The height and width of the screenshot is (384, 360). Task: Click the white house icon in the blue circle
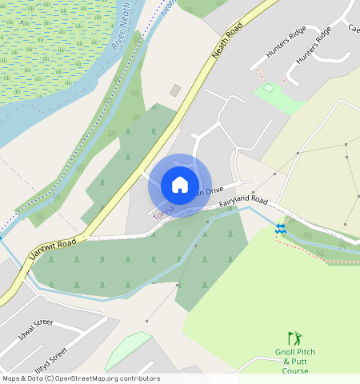180,185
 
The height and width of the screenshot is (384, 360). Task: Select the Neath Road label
227,38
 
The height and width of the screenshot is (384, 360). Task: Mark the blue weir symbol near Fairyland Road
280,228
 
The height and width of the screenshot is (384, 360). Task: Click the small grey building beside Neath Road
175,90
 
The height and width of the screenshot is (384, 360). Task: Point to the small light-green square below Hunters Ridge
270,87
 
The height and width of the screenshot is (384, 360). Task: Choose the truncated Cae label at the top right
353,28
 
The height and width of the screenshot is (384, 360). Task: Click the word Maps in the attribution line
11,378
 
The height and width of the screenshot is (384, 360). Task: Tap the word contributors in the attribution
139,378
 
